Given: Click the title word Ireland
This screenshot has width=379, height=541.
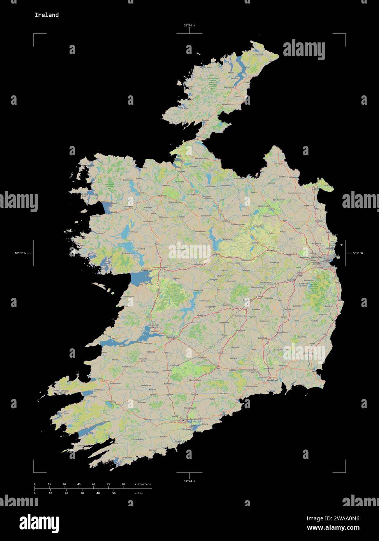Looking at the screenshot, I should pyautogui.click(x=46, y=15).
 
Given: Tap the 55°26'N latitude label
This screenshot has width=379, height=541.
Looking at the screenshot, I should pyautogui.click(x=189, y=25).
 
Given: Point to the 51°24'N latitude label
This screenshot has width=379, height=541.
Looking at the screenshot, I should pyautogui.click(x=189, y=481).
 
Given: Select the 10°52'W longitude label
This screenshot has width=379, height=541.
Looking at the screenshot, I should pyautogui.click(x=20, y=253).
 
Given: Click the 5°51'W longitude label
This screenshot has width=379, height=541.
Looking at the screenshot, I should pyautogui.click(x=358, y=253).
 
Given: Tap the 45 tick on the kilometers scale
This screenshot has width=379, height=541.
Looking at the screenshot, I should pyautogui.click(x=79, y=484).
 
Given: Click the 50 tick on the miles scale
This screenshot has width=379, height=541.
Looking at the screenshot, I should pyautogui.click(x=114, y=493).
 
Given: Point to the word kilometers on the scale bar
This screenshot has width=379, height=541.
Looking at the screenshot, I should pyautogui.click(x=142, y=484).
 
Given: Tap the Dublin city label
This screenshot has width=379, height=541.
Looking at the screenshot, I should pyautogui.click(x=326, y=260).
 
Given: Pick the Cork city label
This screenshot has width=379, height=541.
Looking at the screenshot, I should pyautogui.click(x=181, y=421).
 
